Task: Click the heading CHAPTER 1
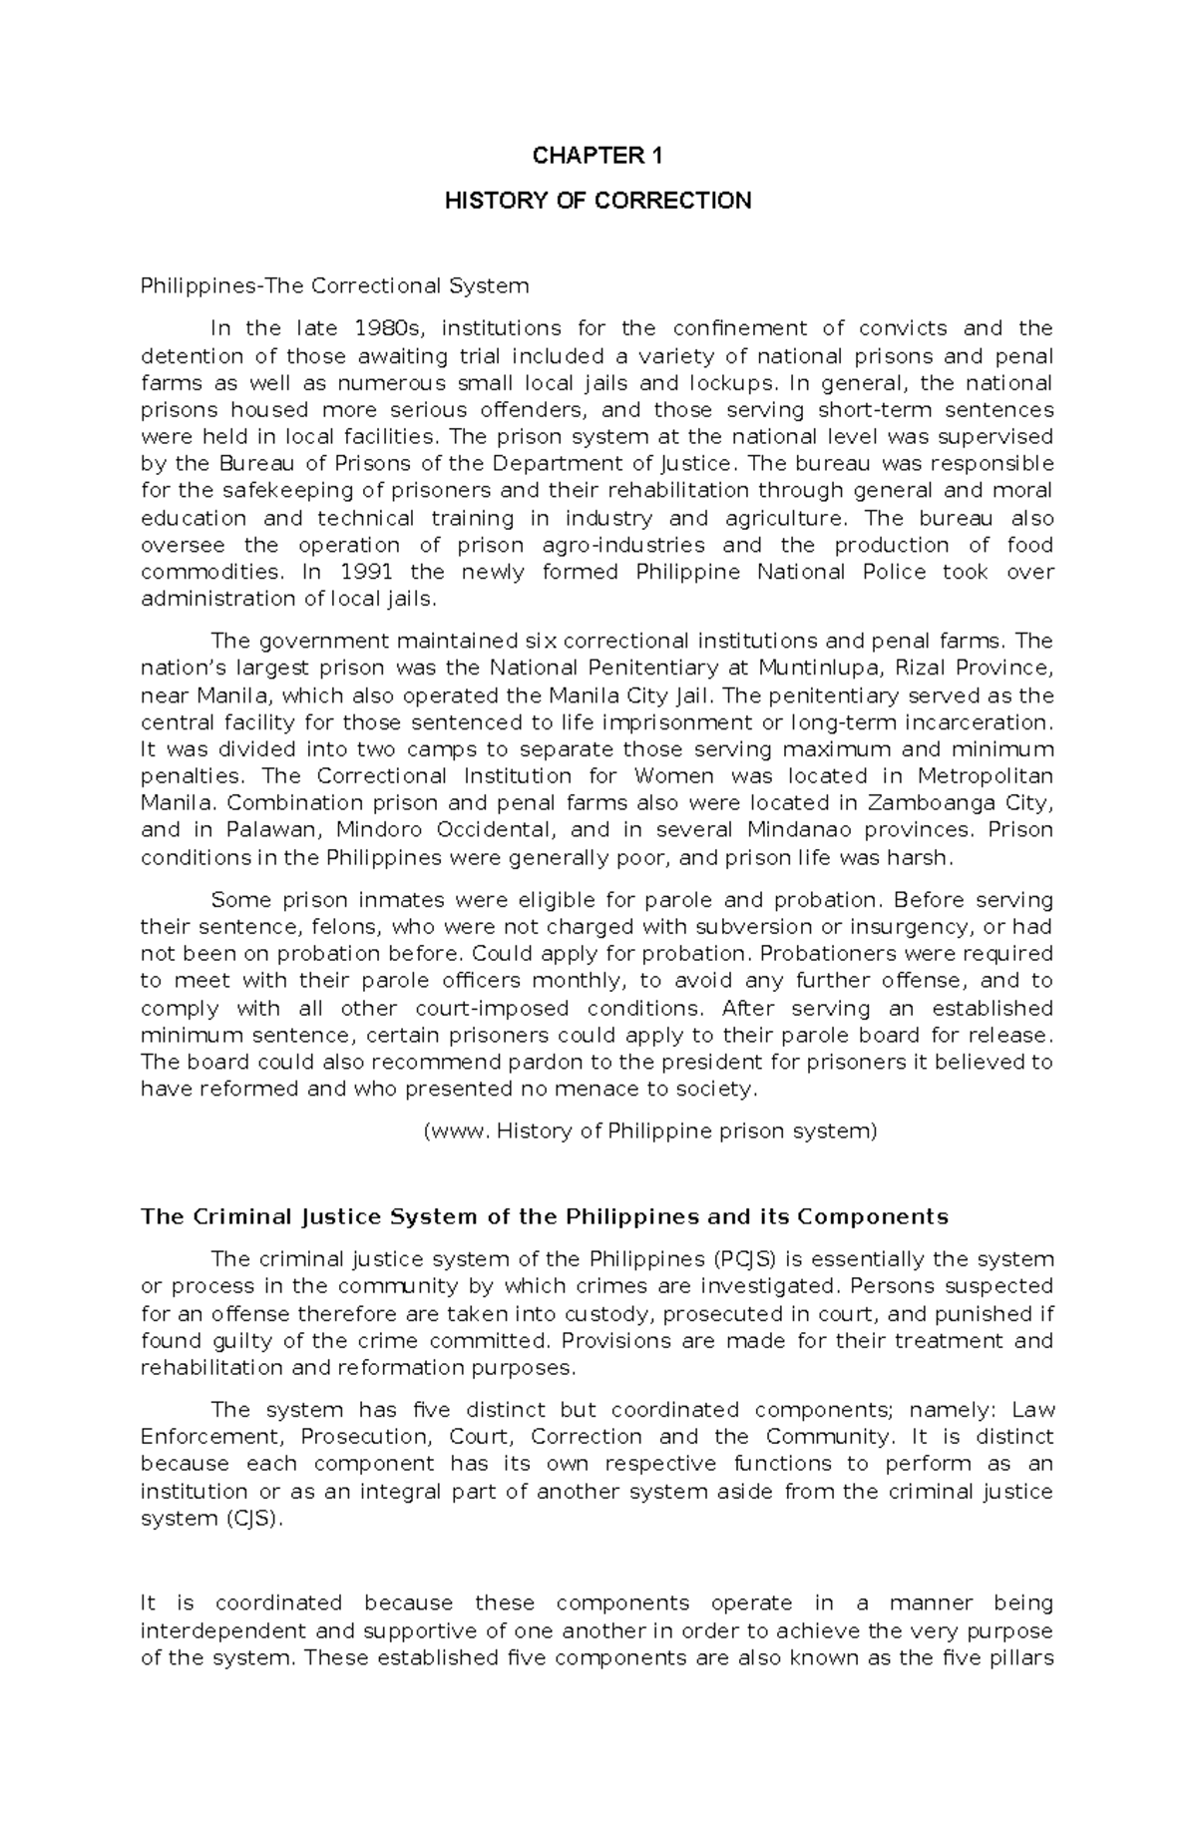click(x=598, y=156)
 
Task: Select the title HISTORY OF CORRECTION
click(x=598, y=201)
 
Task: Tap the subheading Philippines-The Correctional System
click(x=334, y=286)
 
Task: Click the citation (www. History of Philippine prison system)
click(x=649, y=1132)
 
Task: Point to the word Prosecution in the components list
click(x=366, y=1437)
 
